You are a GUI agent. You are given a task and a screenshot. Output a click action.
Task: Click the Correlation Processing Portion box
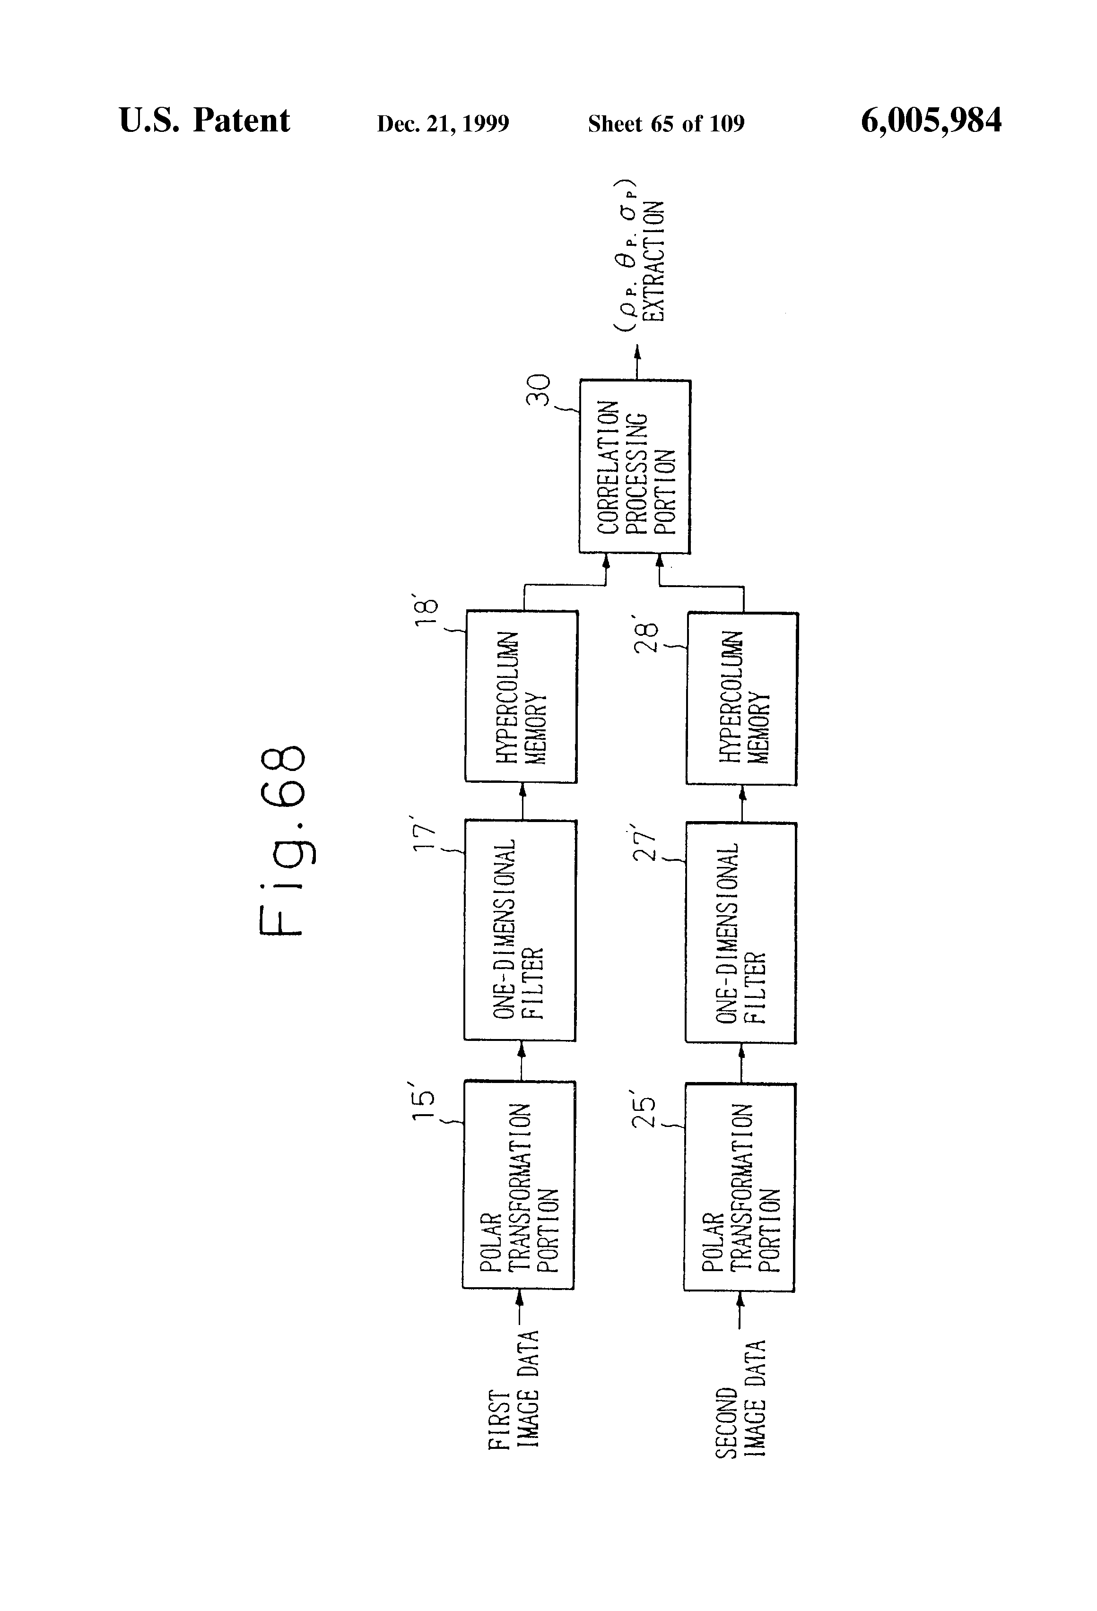coord(635,467)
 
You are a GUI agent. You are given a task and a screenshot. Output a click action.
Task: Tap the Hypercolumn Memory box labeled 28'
coord(742,699)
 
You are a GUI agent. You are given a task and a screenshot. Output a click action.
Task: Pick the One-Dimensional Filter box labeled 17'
coord(520,930)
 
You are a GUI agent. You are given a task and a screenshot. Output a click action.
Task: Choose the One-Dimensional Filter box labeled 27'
coord(740,933)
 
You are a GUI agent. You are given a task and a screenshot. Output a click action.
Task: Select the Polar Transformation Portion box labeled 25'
coord(739,1187)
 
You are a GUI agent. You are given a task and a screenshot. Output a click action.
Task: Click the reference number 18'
coord(426,609)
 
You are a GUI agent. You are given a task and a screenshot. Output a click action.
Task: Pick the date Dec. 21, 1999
coord(443,123)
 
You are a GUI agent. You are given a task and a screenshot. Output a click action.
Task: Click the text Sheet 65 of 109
coord(666,123)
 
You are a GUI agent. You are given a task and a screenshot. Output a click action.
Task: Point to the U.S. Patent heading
coord(205,120)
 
